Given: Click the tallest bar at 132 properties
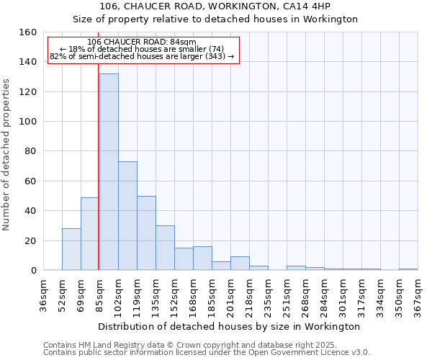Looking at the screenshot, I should coord(109,172).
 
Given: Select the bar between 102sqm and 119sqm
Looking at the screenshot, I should coord(127,216).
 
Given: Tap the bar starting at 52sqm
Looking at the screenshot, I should coord(71,249).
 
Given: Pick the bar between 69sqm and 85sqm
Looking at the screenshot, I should coord(90,234).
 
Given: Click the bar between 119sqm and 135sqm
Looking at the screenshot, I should coord(146,233).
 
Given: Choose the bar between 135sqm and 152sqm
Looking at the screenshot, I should coord(165,248).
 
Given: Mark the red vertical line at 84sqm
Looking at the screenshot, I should coord(98,180).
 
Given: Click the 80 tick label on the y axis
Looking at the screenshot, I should coord(30,151).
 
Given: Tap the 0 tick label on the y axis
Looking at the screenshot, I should coord(33,271).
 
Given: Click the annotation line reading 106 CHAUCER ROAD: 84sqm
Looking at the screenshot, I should coord(140,42).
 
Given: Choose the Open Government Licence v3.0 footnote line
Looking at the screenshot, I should coord(207,353).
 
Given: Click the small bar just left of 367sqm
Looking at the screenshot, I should coord(408,269).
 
